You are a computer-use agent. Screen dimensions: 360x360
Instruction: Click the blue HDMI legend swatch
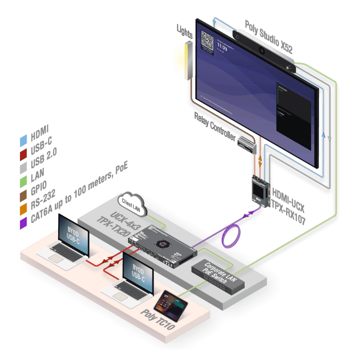click(x=24, y=141)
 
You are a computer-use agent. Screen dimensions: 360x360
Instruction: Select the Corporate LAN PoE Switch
click(x=218, y=276)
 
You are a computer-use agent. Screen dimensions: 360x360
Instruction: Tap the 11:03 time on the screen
click(x=222, y=46)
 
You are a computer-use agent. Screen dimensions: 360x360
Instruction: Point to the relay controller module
click(x=247, y=144)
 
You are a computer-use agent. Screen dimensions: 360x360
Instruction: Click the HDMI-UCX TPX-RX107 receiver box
click(x=260, y=190)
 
